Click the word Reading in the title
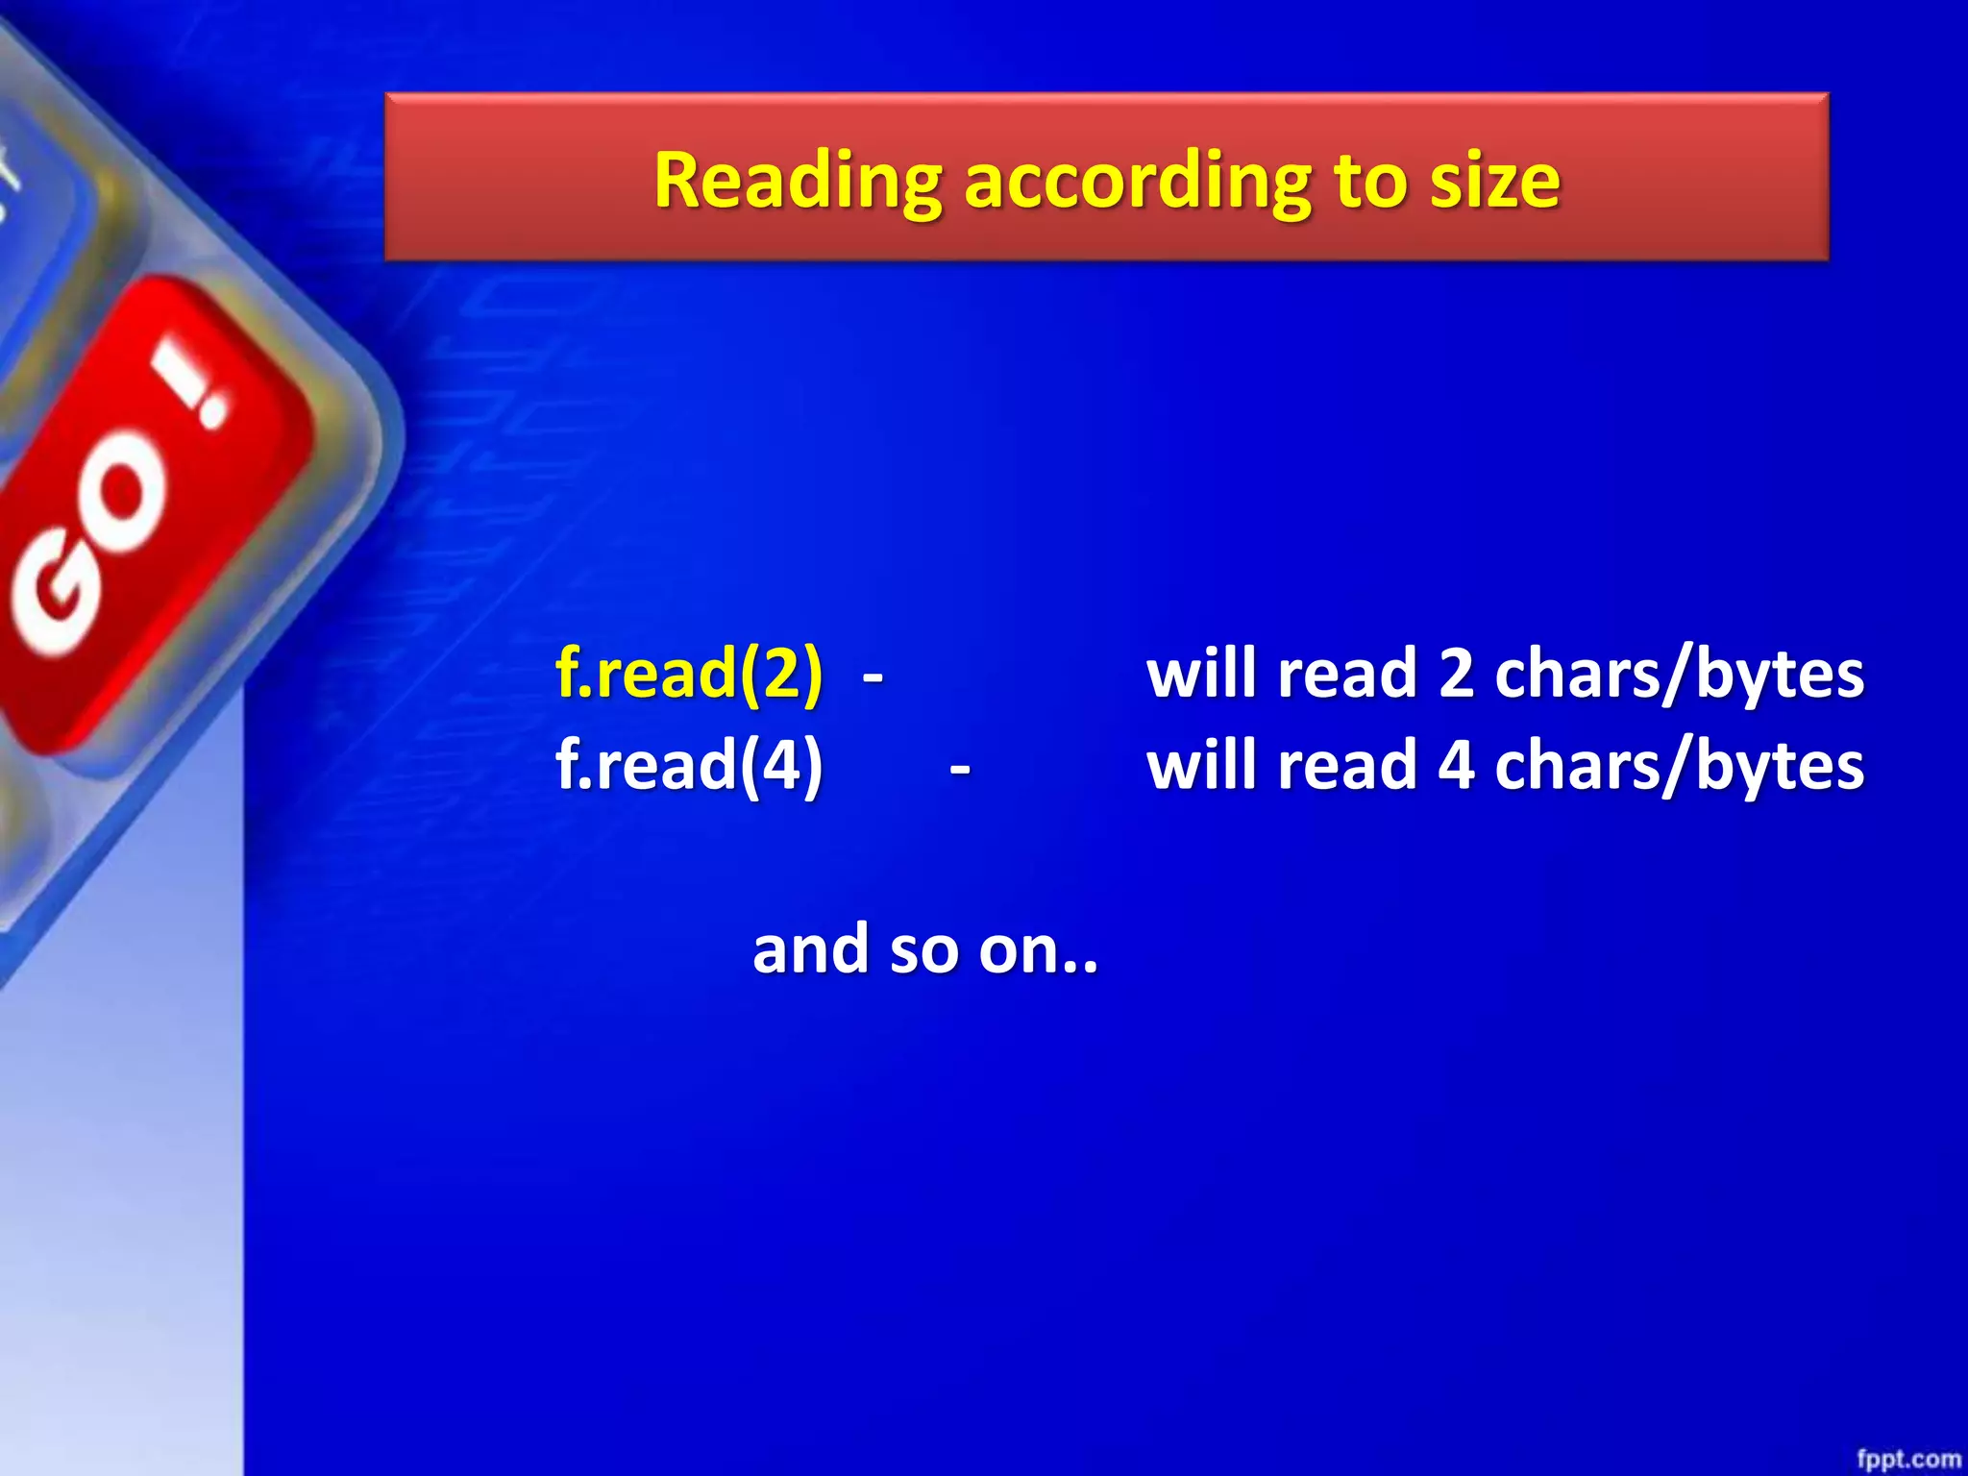(798, 181)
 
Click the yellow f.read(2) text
(689, 673)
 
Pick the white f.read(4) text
(689, 765)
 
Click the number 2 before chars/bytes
(1456, 674)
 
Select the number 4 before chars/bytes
(1456, 766)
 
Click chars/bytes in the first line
(1679, 674)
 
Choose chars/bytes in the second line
(1679, 766)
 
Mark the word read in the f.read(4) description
(1347, 766)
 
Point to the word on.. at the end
(1038, 949)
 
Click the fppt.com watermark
(1907, 1459)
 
